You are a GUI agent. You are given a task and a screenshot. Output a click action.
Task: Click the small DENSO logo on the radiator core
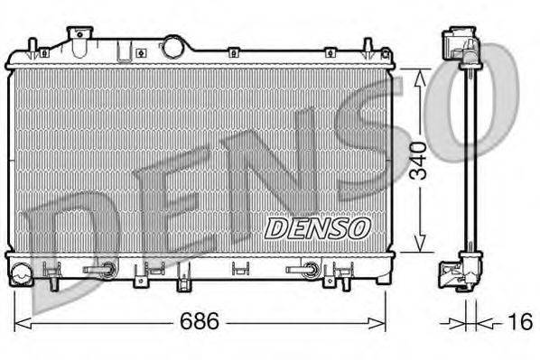pyautogui.click(x=317, y=228)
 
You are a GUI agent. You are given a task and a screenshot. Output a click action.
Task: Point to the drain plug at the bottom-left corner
pyautogui.click(x=23, y=269)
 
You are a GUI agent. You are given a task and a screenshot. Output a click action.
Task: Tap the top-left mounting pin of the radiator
pyautogui.click(x=33, y=47)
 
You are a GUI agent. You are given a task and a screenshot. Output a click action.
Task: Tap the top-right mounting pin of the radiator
pyautogui.click(x=368, y=47)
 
